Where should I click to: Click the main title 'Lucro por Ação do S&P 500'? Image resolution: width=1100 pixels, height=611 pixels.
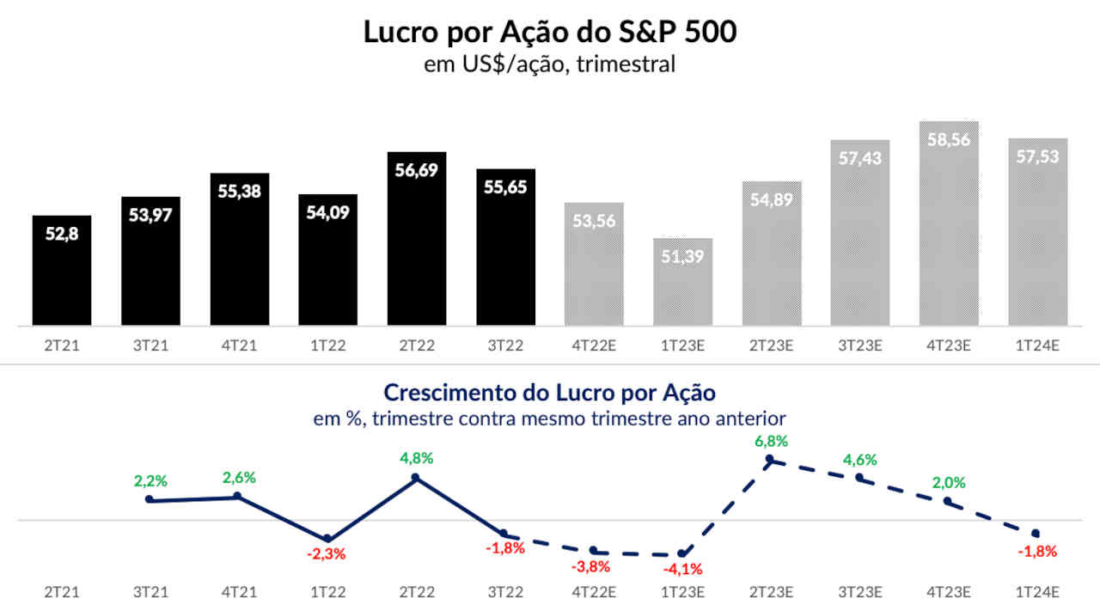click(550, 32)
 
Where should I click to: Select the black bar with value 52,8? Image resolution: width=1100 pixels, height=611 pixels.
click(62, 271)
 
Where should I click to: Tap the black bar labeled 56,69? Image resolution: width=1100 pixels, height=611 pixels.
click(417, 241)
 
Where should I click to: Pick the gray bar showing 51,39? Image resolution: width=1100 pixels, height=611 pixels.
click(683, 284)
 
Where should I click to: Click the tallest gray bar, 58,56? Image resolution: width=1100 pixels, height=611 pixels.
click(949, 223)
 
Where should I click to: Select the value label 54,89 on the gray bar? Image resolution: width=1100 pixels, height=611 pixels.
click(772, 202)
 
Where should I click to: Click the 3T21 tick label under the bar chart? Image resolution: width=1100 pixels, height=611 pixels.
click(150, 345)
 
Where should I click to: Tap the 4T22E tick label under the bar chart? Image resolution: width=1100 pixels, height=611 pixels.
click(594, 345)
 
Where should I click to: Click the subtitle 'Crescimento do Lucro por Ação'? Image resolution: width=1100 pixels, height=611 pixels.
click(549, 393)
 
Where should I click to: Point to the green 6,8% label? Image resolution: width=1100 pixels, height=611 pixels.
click(771, 441)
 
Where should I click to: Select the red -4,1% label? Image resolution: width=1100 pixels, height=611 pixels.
click(683, 568)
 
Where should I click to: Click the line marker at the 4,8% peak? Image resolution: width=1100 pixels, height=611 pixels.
click(416, 478)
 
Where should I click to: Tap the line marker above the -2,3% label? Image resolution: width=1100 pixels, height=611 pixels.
click(327, 539)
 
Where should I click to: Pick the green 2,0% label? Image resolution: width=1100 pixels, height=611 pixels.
click(948, 483)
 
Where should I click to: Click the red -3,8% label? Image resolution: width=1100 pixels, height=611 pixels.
click(593, 565)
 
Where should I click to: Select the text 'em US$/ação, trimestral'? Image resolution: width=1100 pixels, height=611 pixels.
click(549, 64)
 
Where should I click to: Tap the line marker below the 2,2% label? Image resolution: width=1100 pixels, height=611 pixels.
click(150, 499)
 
